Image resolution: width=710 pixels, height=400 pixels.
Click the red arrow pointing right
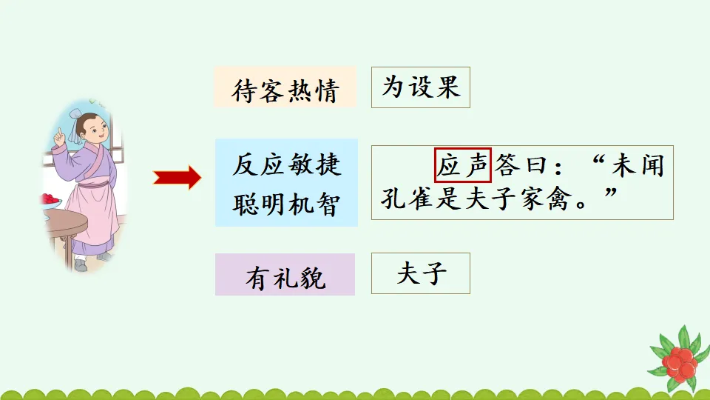177,178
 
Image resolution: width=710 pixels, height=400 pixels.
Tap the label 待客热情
285,90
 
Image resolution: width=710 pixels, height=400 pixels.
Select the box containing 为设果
420,87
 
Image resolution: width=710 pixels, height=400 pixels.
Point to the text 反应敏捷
287,164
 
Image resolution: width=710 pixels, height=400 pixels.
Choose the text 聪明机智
287,204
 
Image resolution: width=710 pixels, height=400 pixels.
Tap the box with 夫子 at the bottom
420,275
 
